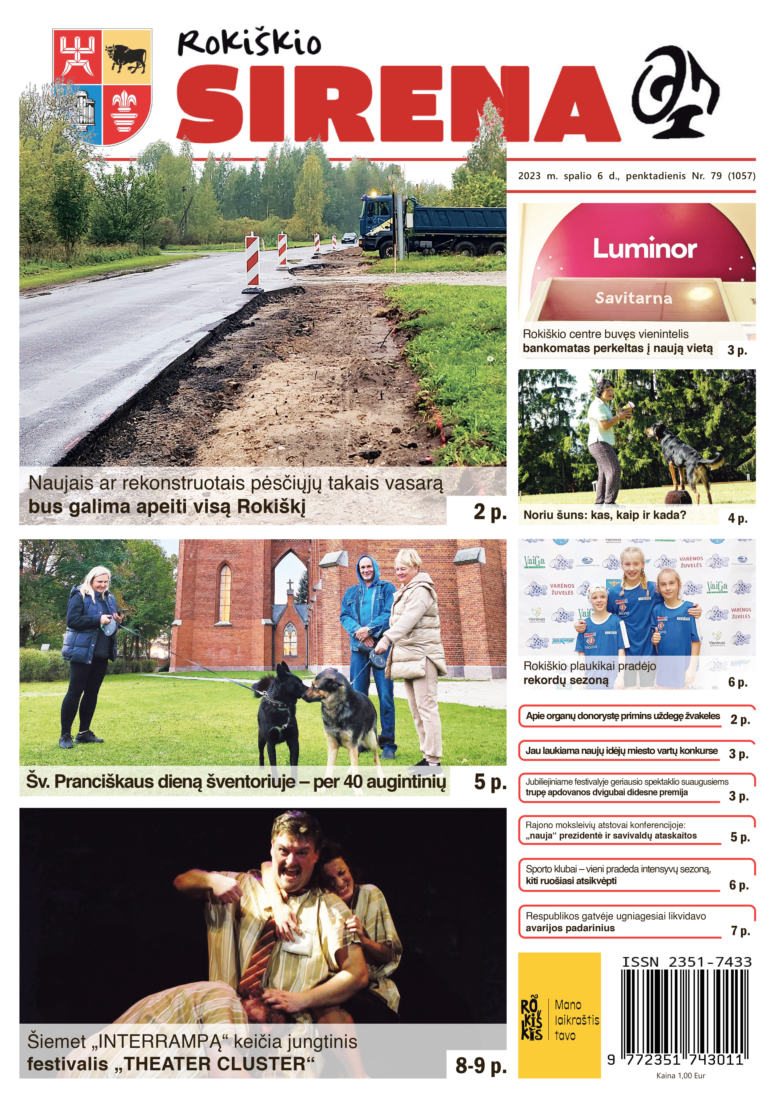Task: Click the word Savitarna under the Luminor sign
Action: (x=633, y=298)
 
